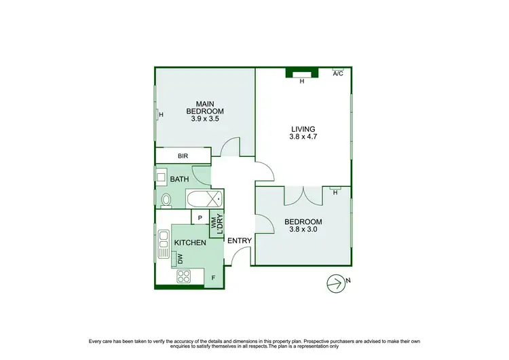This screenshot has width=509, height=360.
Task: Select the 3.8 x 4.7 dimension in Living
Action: (x=303, y=137)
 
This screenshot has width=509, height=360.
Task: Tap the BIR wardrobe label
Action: (x=183, y=156)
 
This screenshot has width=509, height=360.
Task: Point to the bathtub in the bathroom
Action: (x=204, y=200)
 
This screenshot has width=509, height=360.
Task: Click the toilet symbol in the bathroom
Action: (x=166, y=200)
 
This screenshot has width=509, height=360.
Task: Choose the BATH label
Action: (x=179, y=179)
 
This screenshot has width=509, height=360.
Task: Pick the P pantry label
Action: (x=200, y=218)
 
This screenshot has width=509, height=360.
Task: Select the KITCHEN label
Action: (x=190, y=242)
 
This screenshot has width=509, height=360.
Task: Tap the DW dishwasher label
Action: (x=181, y=259)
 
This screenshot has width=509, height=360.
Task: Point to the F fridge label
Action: (x=213, y=277)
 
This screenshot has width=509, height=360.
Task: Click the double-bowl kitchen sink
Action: (x=164, y=242)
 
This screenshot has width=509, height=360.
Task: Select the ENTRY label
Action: (x=239, y=240)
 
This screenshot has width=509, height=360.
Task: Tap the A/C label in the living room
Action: (x=337, y=73)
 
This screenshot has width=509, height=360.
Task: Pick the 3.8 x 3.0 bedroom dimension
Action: (x=303, y=230)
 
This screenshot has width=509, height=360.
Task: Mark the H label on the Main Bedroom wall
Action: (x=161, y=115)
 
